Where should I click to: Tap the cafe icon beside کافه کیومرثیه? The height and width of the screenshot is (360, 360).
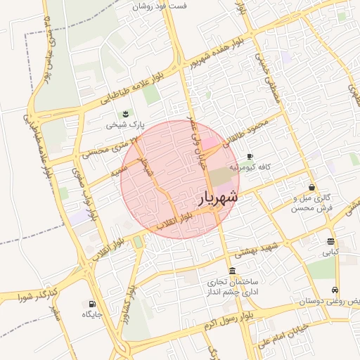(x=250, y=157)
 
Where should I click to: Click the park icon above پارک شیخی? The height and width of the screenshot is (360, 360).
(x=125, y=114)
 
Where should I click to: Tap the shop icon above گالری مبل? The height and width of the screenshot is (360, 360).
(x=311, y=188)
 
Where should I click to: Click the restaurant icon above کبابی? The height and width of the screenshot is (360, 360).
(x=330, y=241)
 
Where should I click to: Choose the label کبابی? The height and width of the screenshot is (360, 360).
(x=330, y=251)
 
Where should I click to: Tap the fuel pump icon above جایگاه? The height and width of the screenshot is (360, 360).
(x=91, y=304)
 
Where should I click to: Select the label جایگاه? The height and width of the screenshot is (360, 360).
(x=92, y=314)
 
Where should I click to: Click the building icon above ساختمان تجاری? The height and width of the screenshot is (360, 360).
(x=232, y=271)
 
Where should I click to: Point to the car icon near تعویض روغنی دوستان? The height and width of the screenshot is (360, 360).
(x=335, y=290)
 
